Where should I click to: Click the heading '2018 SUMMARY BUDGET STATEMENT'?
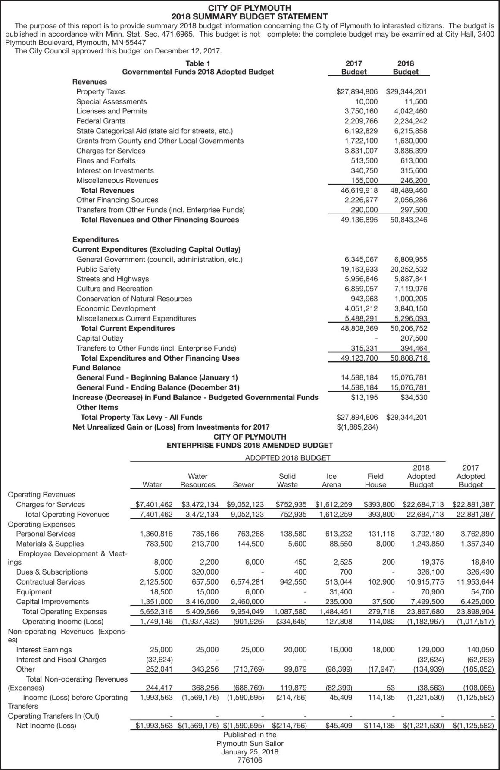point(250,17)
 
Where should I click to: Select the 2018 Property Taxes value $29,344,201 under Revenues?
point(406,91)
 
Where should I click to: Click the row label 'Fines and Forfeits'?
point(106,160)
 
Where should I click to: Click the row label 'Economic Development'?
point(116,308)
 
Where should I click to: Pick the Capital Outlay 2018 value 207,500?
point(414,338)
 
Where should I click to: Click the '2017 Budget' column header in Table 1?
point(354,68)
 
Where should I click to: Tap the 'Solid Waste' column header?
point(287,480)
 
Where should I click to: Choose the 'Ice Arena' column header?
point(331,480)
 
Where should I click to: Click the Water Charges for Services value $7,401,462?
point(154,504)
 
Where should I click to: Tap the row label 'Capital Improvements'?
point(52,601)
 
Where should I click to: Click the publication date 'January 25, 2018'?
point(250,752)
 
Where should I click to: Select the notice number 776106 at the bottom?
point(250,761)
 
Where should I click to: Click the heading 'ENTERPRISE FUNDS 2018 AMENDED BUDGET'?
point(250,445)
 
